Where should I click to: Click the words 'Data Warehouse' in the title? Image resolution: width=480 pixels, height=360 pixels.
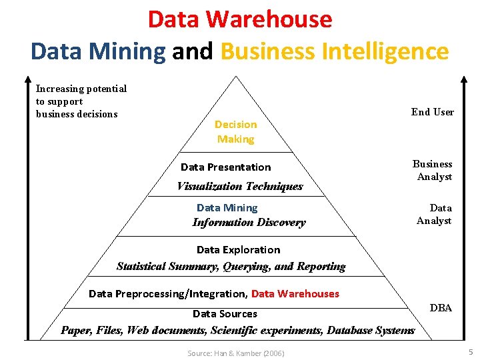240,19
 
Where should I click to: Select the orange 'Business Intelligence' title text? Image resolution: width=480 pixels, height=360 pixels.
334,51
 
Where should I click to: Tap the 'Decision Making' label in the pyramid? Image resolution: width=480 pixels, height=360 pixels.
235,132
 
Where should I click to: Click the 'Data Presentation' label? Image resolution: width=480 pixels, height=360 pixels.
225,167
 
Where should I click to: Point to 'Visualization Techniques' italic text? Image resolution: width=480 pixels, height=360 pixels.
239,187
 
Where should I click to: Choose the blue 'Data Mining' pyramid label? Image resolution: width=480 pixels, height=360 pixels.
227,208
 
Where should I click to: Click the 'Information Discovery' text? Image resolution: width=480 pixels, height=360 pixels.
249,223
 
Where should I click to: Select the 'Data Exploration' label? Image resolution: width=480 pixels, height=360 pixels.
238,250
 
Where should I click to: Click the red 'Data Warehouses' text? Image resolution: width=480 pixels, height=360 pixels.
295,294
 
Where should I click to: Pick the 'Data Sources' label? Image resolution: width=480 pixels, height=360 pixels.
225,314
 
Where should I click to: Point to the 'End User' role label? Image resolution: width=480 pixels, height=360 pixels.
433,112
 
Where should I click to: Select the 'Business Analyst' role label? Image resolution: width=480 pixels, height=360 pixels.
433,171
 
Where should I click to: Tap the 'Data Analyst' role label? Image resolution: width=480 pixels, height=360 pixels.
434,215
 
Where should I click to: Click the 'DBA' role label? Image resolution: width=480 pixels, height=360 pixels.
441,308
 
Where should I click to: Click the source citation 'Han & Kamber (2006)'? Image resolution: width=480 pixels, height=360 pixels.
235,353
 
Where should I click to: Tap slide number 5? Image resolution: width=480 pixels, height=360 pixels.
471,351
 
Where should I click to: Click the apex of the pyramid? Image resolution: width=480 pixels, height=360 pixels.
236,77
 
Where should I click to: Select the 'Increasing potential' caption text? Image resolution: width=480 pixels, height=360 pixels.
81,89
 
